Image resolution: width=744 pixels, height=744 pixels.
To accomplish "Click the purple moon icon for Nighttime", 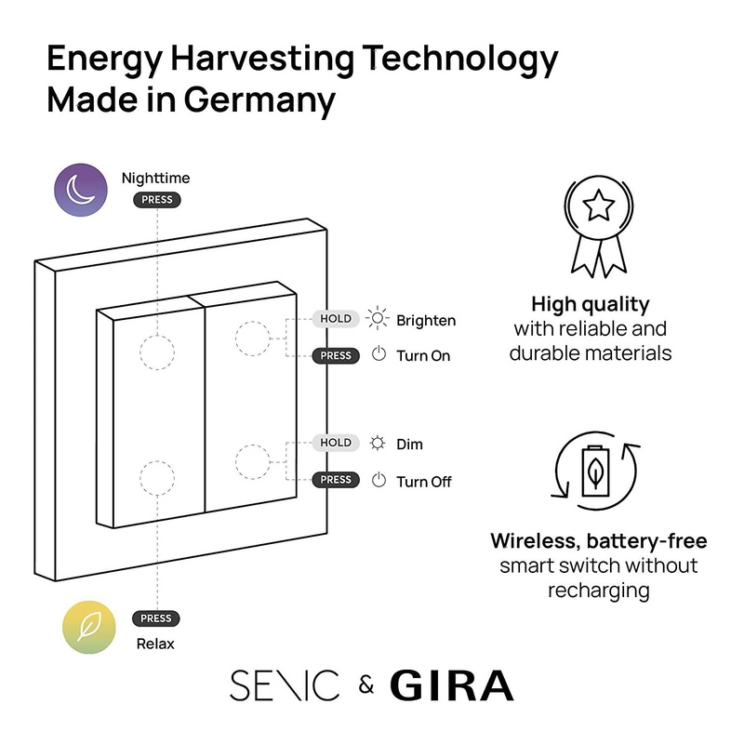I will pos(80,190).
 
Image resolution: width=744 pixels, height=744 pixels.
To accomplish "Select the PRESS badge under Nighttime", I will pos(156,200).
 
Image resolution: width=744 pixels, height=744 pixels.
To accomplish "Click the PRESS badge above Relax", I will pos(156,618).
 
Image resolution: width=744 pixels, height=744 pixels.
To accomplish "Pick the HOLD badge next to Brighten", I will pos(336,319).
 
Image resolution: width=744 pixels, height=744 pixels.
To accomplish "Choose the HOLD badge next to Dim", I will pos(336,443).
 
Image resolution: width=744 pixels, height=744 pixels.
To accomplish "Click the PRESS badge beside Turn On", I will pos(336,355).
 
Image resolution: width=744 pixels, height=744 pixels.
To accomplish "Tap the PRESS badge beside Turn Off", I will pos(336,480).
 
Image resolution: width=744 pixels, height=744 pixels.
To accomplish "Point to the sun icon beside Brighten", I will pos(378,319).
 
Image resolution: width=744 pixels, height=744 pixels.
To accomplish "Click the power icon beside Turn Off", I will pos(379,481).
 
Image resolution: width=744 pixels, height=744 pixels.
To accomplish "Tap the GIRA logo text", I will pos(451,686).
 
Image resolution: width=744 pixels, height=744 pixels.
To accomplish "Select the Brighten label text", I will pos(426,321).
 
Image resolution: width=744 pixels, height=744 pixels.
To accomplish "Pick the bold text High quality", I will pos(590,304).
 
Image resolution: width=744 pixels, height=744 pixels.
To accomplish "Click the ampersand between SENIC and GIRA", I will pos(365,687).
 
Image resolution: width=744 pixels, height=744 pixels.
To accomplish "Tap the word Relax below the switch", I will pos(154,644).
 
